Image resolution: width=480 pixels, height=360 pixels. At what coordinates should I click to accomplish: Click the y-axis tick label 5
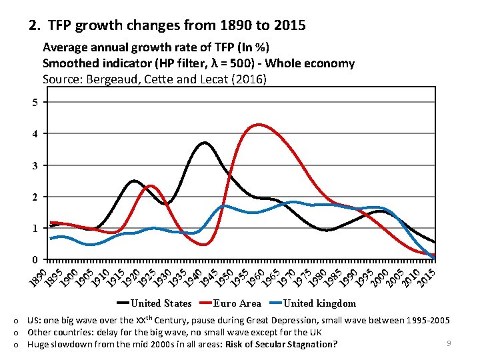tap(35, 102)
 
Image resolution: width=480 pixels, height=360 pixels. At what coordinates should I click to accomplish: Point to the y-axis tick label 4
tap(35, 134)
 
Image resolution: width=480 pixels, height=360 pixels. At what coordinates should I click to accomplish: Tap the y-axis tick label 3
tap(35, 165)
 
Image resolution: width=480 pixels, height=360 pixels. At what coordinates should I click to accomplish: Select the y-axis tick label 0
tap(35, 259)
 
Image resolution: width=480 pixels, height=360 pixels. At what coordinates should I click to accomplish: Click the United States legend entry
tap(161, 303)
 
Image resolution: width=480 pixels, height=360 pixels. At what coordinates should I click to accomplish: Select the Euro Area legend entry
tap(237, 303)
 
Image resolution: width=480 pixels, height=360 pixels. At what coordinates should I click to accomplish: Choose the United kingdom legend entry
tap(319, 303)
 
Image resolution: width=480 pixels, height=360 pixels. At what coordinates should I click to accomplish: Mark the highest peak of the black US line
tap(204, 143)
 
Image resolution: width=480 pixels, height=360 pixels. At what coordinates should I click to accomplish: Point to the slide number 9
tap(449, 343)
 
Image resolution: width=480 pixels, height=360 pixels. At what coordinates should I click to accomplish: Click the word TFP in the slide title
tap(61, 26)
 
